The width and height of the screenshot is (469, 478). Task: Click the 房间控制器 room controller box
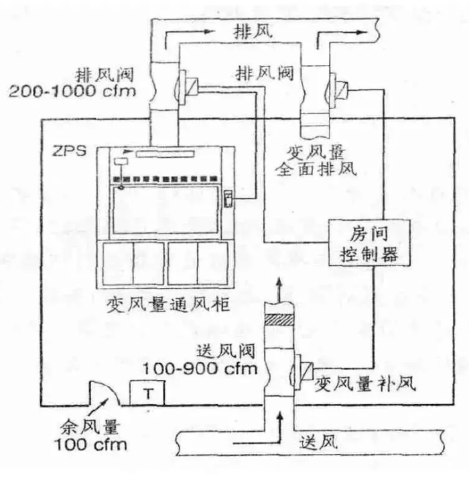point(370,243)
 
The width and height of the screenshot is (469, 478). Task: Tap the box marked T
point(147,393)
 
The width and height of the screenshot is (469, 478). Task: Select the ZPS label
point(70,151)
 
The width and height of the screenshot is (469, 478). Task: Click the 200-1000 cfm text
point(72,91)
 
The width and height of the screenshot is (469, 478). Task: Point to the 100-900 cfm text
point(200,369)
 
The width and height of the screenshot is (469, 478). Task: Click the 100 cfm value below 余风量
point(90,444)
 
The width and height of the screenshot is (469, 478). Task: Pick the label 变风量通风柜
point(167,305)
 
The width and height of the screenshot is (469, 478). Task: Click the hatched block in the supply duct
point(279,320)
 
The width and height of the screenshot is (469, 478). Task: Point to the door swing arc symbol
point(105,393)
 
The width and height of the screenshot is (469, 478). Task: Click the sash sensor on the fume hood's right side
point(228,199)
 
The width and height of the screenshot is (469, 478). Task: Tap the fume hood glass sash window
point(165,210)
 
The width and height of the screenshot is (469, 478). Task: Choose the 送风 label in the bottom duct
point(318,442)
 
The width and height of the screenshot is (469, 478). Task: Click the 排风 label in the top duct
point(253,32)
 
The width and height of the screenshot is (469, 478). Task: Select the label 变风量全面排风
point(316,160)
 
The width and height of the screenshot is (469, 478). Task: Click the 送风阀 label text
point(226,351)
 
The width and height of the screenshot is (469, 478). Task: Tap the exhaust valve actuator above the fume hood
point(188,87)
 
